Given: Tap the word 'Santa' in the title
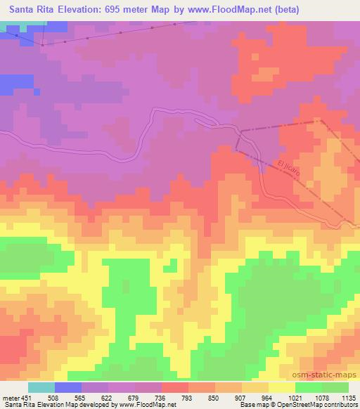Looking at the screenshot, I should [x=22, y=10].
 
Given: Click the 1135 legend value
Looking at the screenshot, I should [x=347, y=397].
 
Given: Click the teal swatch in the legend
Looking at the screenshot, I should [x=41, y=387].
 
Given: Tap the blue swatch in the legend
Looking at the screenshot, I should [x=68, y=387].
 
